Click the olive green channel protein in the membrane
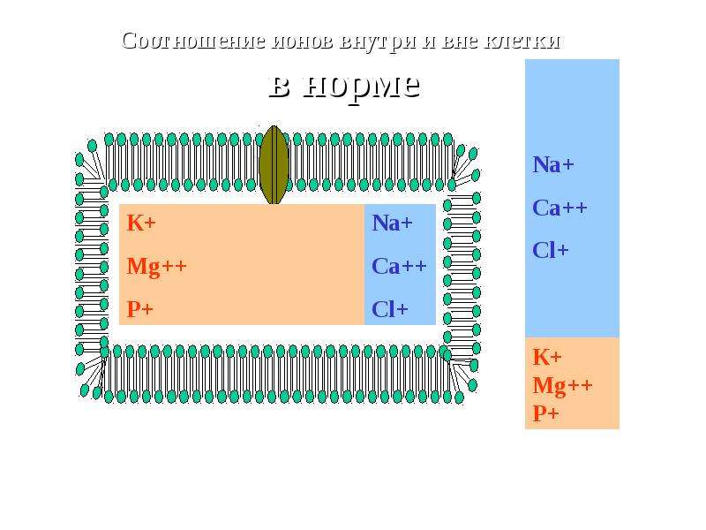(x=274, y=165)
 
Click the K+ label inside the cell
(x=141, y=223)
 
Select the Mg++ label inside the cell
(x=157, y=267)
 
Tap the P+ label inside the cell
(x=140, y=309)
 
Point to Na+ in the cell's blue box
(x=392, y=223)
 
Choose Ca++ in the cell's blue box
(x=399, y=266)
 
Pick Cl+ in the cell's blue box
(x=390, y=310)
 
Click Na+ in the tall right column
(x=553, y=164)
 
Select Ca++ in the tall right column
(x=560, y=208)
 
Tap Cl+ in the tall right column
(x=551, y=250)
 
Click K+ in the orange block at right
(x=547, y=357)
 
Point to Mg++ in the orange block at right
(x=563, y=386)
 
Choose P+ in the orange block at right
(x=545, y=413)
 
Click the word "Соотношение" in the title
(x=193, y=41)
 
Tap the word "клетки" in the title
(x=522, y=42)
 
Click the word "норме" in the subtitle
(x=362, y=87)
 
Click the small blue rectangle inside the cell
(x=400, y=264)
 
